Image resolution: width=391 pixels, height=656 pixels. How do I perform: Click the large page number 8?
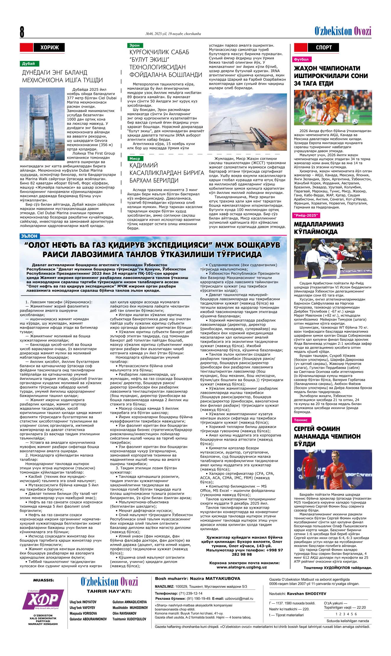(x=22, y=32)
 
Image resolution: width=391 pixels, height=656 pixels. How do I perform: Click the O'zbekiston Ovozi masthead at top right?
(x=343, y=31)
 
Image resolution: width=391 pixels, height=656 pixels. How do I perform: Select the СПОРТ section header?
(x=324, y=47)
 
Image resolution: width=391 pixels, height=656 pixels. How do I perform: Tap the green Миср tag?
(x=135, y=158)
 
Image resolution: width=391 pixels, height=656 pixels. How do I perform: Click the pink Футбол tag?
(x=301, y=59)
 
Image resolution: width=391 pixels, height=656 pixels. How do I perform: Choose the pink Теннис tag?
(x=301, y=420)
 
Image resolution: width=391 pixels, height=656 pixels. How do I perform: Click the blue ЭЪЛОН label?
(x=29, y=236)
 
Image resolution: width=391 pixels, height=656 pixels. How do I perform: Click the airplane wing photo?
(x=247, y=122)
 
